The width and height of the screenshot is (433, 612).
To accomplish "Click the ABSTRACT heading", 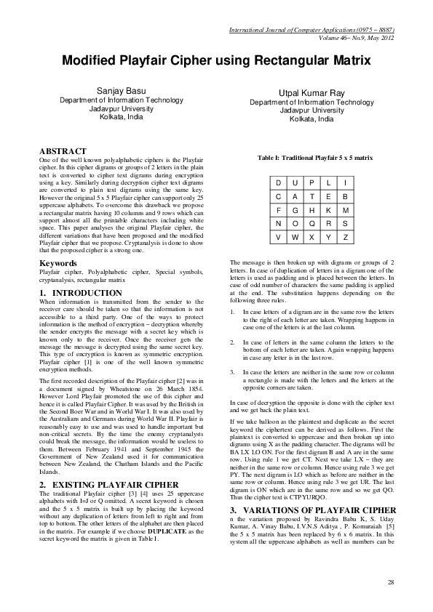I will point(66,151).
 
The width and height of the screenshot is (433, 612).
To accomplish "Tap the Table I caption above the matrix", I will point(315,157).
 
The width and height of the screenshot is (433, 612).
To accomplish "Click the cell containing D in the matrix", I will point(277,182).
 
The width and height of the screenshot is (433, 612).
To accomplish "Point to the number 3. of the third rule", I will point(231,371).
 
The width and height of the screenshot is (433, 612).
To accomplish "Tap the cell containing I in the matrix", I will point(346,182).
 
